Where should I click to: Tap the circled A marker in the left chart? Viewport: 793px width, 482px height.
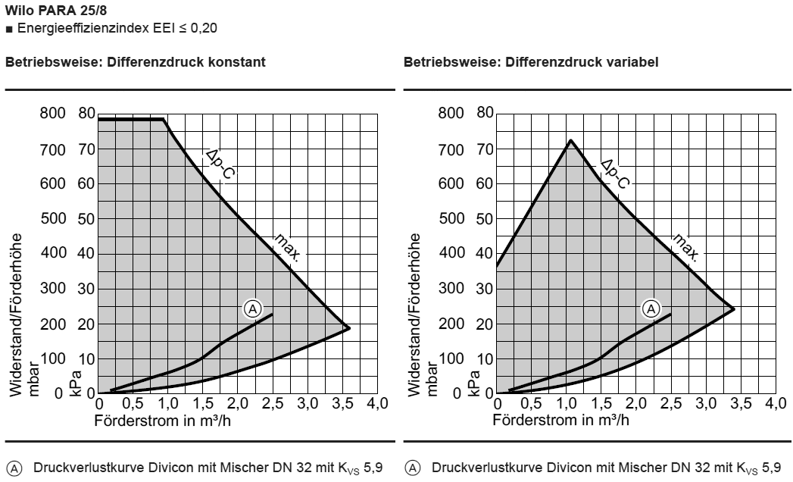point(252,308)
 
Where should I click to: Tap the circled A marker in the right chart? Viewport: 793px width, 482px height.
point(651,308)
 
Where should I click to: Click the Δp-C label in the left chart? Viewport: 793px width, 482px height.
point(220,165)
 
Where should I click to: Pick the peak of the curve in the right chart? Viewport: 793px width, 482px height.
point(570,139)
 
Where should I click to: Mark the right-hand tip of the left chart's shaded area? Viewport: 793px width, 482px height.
point(349,328)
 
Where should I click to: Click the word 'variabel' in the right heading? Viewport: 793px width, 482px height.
point(634,62)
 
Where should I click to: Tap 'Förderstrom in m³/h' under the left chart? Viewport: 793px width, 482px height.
point(163,419)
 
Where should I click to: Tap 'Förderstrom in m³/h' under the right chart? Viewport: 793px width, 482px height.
point(560,419)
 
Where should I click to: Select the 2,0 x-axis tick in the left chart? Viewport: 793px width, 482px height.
point(238,403)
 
